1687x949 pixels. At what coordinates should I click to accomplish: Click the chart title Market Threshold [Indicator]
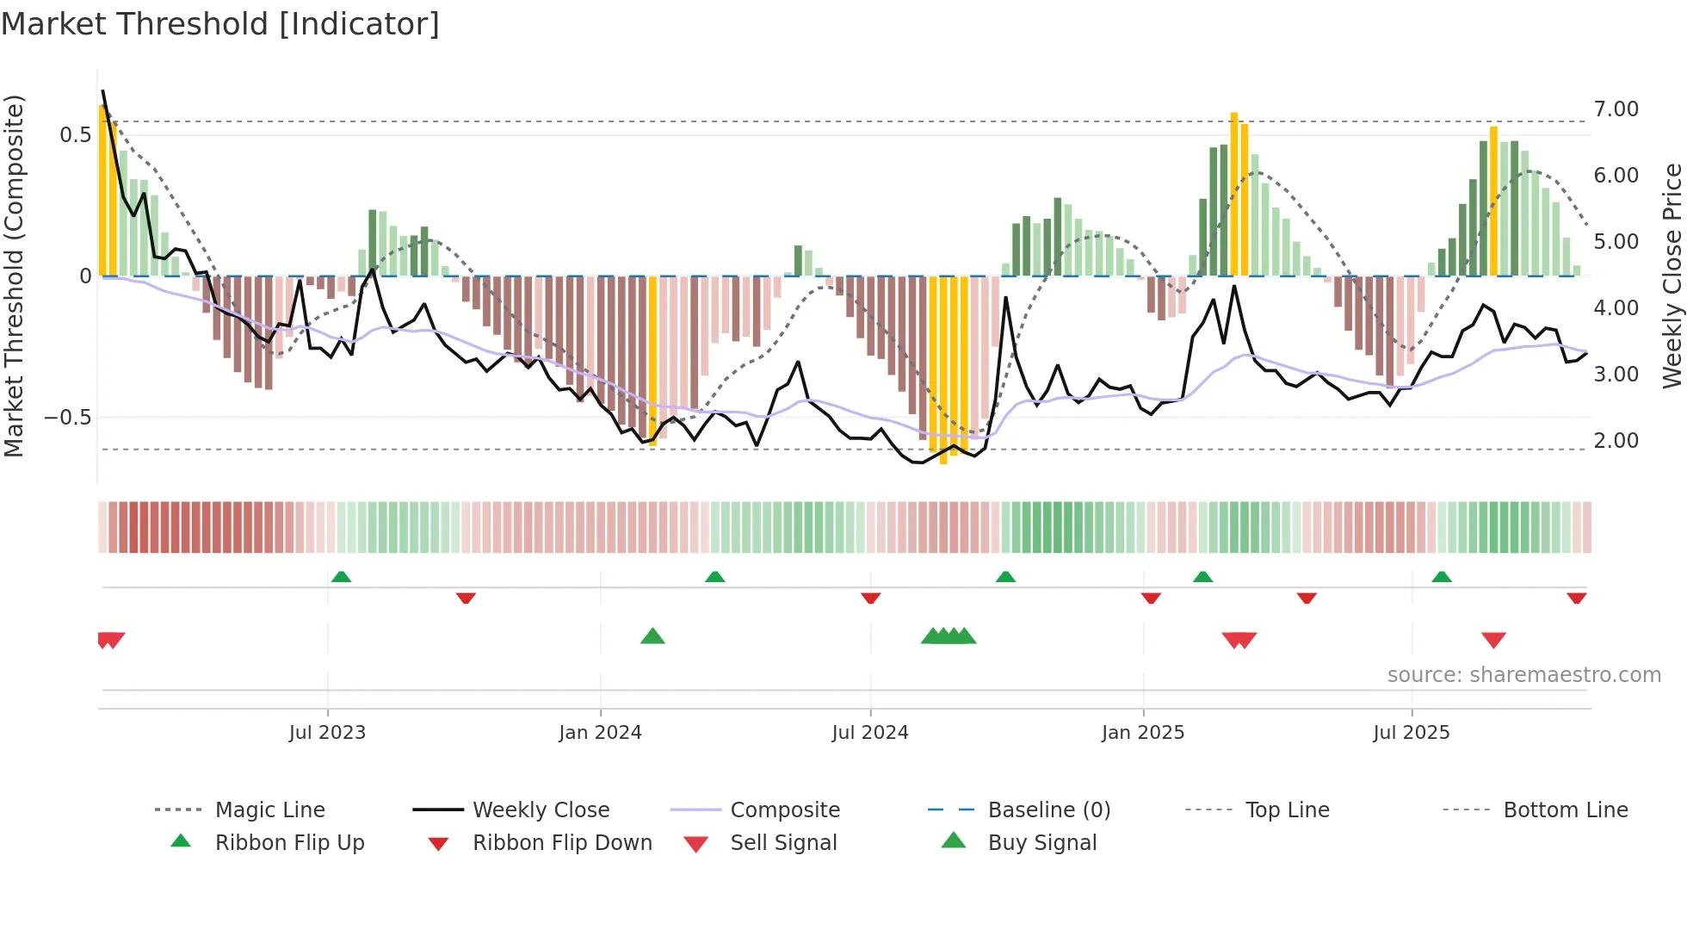[220, 24]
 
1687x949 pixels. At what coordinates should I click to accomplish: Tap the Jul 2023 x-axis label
[327, 733]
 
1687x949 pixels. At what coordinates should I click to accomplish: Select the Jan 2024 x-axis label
[600, 733]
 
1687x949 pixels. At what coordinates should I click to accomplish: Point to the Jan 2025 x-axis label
[1143, 733]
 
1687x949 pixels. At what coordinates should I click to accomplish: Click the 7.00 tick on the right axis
[1616, 109]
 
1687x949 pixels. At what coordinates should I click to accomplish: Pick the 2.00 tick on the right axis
[1616, 441]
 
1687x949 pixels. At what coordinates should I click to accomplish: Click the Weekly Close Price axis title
[1672, 276]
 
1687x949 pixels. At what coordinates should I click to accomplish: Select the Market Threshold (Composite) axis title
[14, 276]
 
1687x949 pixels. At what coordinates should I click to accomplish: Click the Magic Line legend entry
[269, 810]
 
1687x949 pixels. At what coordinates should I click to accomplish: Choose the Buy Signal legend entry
[1041, 843]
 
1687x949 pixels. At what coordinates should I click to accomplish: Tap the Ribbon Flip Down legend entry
[562, 843]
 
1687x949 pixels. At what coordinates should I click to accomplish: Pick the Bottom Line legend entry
[1565, 810]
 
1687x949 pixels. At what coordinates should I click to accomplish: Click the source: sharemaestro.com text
[1523, 675]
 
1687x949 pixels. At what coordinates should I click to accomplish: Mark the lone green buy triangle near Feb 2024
[652, 636]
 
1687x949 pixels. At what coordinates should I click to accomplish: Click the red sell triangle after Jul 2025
[1493, 640]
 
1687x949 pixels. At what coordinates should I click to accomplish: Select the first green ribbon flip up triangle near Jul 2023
[341, 576]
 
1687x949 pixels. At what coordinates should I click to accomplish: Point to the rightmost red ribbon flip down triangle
[1576, 599]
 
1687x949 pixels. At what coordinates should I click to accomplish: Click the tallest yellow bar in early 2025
[1233, 194]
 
